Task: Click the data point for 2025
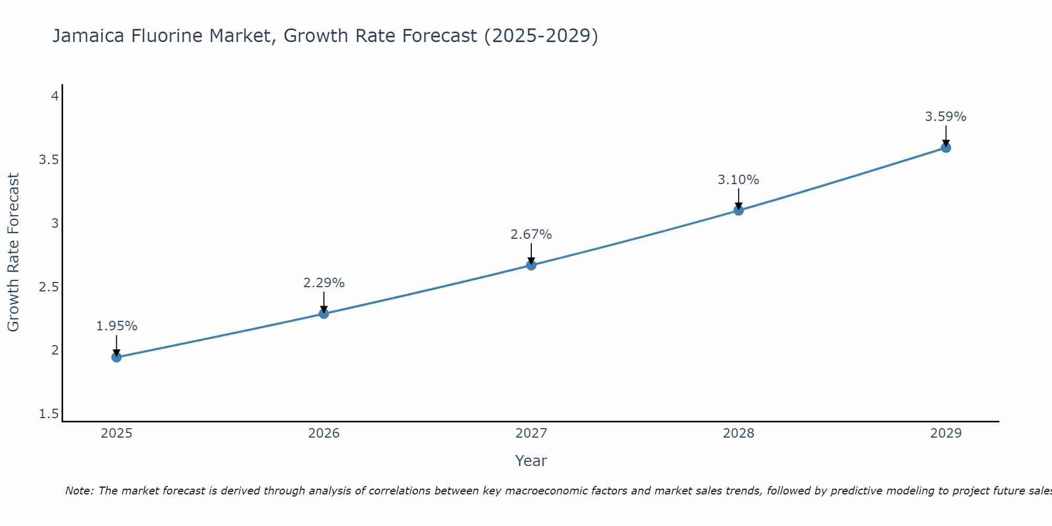116,358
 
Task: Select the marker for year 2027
531,265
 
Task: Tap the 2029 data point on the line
946,148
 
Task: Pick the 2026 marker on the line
324,313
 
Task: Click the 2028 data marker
739,210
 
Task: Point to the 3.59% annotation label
946,117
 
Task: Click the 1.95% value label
116,326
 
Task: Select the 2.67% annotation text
531,235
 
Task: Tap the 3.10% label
739,180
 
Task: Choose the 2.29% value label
324,283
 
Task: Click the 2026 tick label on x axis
324,433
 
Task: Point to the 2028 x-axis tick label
739,433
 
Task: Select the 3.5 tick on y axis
48,160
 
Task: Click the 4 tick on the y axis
55,96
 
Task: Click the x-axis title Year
531,461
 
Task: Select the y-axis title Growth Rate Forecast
13,252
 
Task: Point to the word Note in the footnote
78,491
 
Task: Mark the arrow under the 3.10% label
739,199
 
